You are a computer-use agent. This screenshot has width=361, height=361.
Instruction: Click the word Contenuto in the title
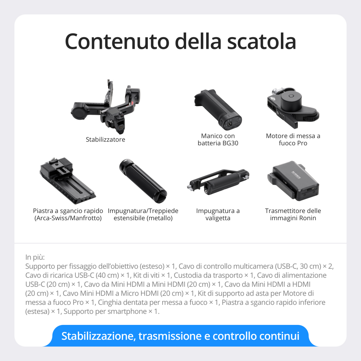(x=117, y=41)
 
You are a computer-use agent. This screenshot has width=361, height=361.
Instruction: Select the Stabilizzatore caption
(x=105, y=140)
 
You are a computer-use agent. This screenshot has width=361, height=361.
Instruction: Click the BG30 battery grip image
(x=219, y=109)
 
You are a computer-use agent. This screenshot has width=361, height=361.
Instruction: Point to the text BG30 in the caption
(x=230, y=143)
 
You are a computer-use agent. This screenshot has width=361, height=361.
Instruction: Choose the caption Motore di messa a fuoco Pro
(x=293, y=140)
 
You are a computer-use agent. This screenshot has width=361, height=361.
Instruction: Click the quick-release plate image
(x=68, y=180)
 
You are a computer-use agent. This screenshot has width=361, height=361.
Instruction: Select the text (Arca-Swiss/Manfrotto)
(x=68, y=218)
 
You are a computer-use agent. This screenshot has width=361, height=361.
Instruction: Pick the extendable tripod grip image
(x=143, y=180)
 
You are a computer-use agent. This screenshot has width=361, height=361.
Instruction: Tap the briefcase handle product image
(x=218, y=182)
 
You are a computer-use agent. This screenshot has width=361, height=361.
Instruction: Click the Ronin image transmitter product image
(x=293, y=180)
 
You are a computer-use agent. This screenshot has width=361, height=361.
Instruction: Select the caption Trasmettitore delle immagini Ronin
(x=293, y=214)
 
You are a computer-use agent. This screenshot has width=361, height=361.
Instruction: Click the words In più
(x=35, y=257)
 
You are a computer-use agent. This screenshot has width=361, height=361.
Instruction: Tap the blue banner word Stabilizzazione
(x=98, y=336)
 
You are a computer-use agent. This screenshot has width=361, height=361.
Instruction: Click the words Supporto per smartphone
(x=105, y=311)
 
